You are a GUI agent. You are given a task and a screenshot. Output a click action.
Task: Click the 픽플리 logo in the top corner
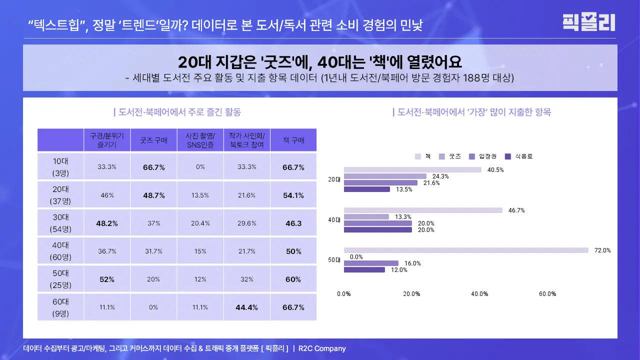pos(588,22)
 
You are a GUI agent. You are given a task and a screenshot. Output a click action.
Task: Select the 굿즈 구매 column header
pos(154,140)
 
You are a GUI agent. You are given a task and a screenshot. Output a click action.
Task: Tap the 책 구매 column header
pos(293,140)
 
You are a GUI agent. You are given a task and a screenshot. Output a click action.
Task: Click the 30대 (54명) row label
pos(61,223)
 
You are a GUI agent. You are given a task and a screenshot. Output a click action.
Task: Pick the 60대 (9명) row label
pos(61,307)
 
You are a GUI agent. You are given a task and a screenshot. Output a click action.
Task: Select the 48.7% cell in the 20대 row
pos(154,195)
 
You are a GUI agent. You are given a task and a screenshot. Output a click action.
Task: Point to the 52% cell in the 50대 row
pos(107,279)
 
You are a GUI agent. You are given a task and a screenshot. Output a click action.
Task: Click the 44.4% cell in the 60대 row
pos(247,307)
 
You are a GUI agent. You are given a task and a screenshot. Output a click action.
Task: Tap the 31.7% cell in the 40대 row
pos(154,251)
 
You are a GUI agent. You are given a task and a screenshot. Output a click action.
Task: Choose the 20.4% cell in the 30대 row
pos(200,223)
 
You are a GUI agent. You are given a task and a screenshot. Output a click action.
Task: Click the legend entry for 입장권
pos(483,156)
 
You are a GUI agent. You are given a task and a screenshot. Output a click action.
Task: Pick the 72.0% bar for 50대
pos(466,250)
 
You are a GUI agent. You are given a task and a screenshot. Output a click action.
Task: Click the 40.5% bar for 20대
pos(412,170)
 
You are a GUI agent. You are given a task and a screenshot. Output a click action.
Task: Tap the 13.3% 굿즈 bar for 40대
pos(366,216)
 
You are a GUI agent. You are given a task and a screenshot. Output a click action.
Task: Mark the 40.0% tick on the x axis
pos(479,294)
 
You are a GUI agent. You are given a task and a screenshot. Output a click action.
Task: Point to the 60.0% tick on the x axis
pos(547,294)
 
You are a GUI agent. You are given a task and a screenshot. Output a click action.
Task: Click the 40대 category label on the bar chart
pos(334,220)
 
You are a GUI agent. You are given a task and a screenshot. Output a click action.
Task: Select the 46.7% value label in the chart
pos(516,210)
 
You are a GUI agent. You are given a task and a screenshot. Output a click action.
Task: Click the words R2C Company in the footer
pos(322,348)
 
